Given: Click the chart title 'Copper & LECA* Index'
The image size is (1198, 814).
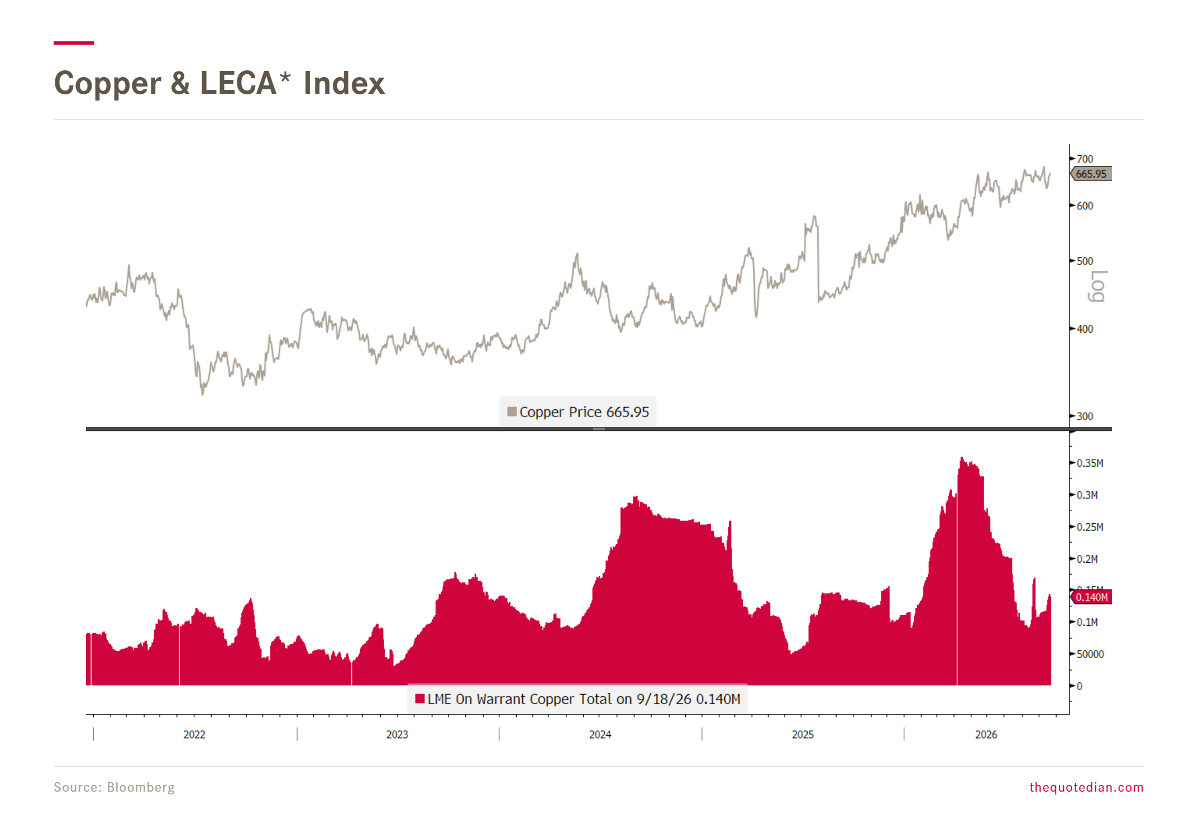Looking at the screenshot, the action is [x=219, y=83].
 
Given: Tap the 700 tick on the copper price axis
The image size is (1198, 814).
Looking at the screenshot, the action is [x=1085, y=159].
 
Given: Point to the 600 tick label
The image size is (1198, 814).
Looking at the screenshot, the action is [x=1085, y=206].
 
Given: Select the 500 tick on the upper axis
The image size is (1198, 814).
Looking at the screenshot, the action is [x=1085, y=261].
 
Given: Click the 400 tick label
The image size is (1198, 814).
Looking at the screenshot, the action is [x=1085, y=329].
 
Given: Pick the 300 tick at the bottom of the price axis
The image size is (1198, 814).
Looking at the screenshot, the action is [x=1085, y=416].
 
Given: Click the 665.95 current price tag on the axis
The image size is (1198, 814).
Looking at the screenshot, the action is [x=1091, y=174].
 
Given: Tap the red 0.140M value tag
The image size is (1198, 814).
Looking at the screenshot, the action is [x=1091, y=597].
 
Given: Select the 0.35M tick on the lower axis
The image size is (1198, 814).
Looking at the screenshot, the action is [x=1090, y=463].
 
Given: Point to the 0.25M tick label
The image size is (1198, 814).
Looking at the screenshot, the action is [x=1090, y=527].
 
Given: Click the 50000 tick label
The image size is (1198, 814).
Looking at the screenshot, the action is [x=1090, y=654].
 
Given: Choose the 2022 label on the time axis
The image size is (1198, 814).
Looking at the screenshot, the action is [x=194, y=735].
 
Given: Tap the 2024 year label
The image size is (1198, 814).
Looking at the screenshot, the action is [x=600, y=735].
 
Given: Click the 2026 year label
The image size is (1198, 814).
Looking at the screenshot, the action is [x=986, y=735].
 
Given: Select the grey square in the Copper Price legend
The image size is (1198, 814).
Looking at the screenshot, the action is [x=512, y=411].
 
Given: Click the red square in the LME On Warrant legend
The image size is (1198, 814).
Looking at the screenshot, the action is [x=420, y=698].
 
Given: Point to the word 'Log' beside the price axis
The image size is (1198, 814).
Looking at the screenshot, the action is [x=1098, y=286].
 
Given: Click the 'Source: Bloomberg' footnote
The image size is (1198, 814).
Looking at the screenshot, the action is [x=114, y=787].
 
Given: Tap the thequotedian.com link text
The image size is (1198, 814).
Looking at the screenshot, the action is [x=1086, y=787].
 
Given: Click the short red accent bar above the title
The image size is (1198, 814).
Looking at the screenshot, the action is [x=74, y=42].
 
